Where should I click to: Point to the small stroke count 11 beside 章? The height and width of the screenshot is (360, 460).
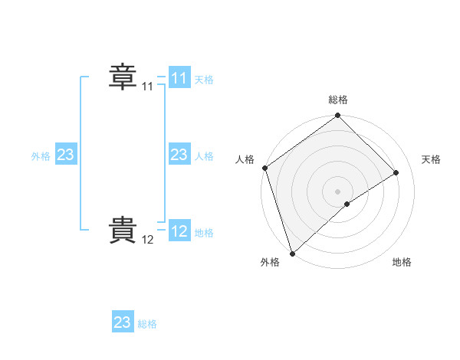147,87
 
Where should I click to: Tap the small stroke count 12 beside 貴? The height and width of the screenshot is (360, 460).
147,240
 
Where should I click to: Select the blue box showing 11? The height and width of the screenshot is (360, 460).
179,78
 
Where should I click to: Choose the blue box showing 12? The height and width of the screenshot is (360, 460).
179,231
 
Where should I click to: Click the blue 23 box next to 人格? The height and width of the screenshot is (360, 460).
179,155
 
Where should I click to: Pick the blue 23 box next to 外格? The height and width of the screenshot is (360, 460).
66,155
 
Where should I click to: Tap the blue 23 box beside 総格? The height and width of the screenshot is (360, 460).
123,322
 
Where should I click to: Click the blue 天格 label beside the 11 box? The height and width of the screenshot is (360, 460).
204,79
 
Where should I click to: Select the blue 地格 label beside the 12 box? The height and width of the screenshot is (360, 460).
204,232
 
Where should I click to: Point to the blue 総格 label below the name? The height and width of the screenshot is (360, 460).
147,324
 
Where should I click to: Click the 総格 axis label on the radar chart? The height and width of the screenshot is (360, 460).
338,100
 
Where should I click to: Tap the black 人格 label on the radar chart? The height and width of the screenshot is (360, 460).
245,159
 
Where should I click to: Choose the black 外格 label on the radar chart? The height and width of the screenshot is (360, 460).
269,262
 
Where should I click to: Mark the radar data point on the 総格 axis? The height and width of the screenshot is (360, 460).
338,116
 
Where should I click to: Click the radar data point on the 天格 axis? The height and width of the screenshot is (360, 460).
396,173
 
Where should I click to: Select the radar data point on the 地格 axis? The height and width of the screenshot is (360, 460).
347,204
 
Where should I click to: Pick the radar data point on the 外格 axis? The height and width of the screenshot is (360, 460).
292,253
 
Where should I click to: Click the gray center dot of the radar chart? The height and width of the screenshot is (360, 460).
338,191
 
